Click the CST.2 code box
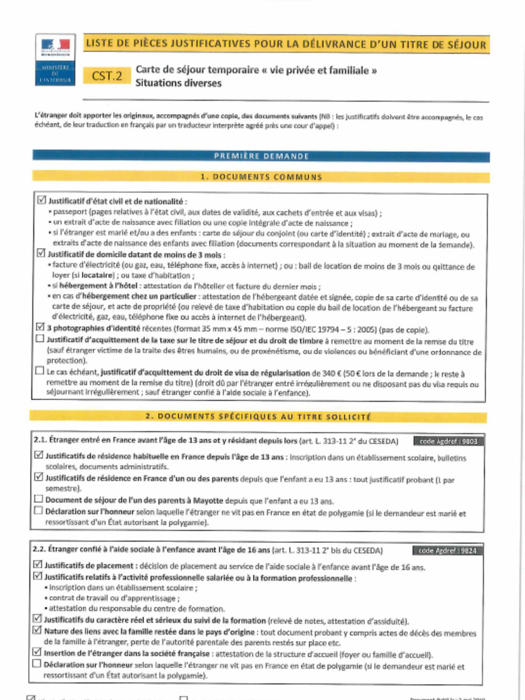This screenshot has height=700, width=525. click(x=107, y=76)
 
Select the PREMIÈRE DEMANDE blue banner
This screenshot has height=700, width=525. click(x=261, y=156)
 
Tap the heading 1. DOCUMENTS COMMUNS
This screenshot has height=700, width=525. click(x=261, y=177)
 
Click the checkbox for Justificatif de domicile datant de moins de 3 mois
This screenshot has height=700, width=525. click(x=40, y=254)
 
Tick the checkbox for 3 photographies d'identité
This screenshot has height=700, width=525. click(x=40, y=327)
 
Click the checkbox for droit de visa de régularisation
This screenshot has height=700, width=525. click(x=40, y=371)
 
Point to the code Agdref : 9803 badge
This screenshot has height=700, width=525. click(x=448, y=441)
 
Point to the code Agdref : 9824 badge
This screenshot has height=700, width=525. click(x=447, y=550)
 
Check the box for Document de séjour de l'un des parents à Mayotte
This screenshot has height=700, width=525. click(x=39, y=499)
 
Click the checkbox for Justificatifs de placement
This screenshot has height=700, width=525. click(x=38, y=565)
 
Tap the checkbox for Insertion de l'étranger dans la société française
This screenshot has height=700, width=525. click(x=38, y=652)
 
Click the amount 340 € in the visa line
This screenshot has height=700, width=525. click(x=322, y=374)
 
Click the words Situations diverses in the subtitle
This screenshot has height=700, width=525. click(x=178, y=83)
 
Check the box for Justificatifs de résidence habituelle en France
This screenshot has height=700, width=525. click(x=39, y=455)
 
